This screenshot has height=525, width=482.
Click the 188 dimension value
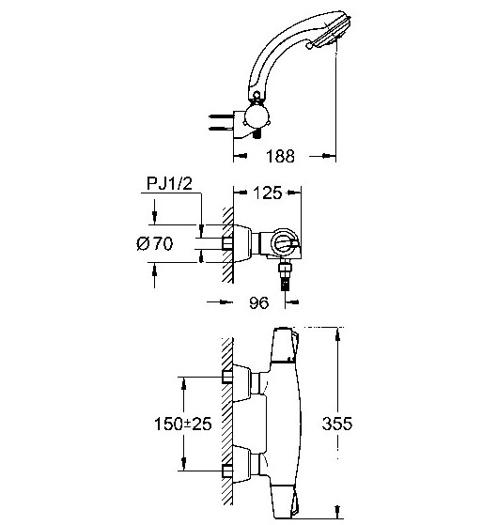pos(280,156)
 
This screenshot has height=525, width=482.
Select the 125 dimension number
pos(267,193)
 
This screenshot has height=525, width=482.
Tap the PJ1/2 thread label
pos(170,183)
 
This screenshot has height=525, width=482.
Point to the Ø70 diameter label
pos(155,243)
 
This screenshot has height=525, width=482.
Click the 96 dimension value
pos(258,302)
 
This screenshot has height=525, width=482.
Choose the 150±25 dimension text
pos(183,424)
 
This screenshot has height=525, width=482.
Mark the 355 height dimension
pos(337,424)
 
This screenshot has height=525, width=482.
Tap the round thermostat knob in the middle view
pos(284,243)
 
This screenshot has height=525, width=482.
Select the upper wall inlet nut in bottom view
pos(227,377)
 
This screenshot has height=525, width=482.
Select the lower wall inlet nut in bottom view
pos(227,471)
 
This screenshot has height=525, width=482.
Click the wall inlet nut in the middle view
pos(227,243)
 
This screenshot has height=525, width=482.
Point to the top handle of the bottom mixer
pos(285,345)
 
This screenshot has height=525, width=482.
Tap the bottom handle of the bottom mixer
pos(285,502)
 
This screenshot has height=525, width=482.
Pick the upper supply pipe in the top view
pos(221,116)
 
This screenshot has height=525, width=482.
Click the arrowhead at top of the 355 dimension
pos(337,334)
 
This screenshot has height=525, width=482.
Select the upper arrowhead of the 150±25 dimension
pos(183,384)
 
